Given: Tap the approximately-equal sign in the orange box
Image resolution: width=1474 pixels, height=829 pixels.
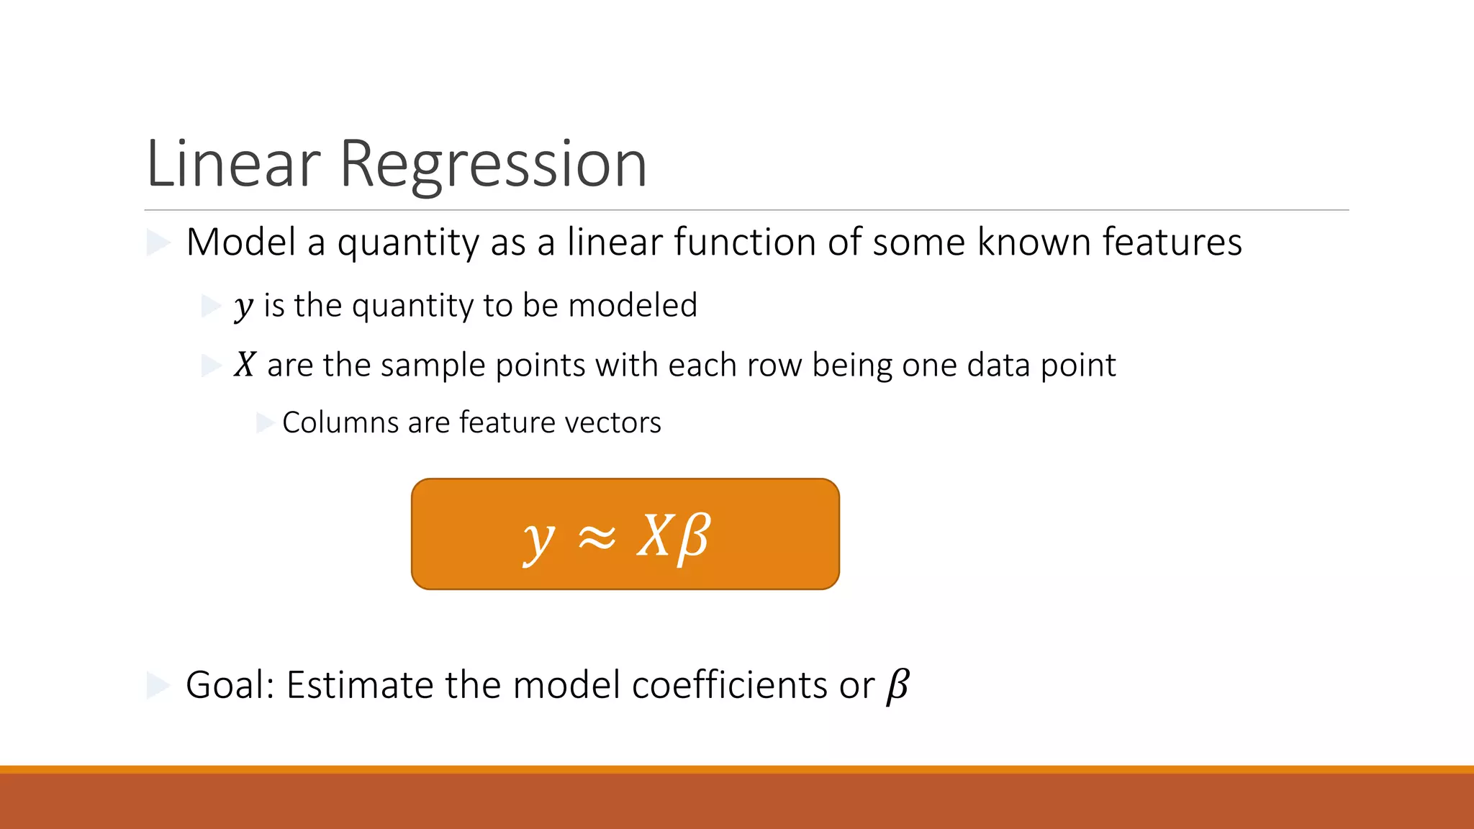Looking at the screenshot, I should [x=597, y=537].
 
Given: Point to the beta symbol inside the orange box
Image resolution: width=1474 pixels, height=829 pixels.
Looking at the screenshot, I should [x=694, y=537].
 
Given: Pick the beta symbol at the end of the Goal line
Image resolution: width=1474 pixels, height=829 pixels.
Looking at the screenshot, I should [x=897, y=685].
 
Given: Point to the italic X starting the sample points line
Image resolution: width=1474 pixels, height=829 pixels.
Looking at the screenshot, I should [x=245, y=365].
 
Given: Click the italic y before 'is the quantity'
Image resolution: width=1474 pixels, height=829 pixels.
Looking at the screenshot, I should [x=244, y=307].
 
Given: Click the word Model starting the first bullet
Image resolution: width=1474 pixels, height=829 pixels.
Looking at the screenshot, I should [x=241, y=242].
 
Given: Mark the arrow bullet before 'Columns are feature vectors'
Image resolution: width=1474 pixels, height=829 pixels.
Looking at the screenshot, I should [x=265, y=422].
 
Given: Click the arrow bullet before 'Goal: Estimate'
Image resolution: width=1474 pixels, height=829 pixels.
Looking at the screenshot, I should [x=158, y=685].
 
